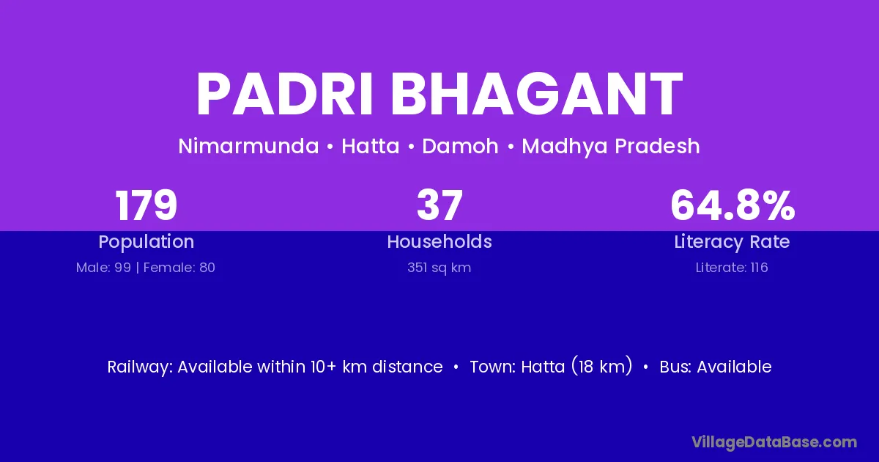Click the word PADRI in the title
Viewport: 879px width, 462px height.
pyautogui.click(x=284, y=95)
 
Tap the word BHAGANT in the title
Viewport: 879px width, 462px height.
pyautogui.click(x=536, y=95)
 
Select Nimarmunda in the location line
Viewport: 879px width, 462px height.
pyautogui.click(x=248, y=146)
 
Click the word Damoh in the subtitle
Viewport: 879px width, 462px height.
pyautogui.click(x=460, y=146)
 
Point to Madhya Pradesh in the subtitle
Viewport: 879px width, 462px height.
pyautogui.click(x=611, y=147)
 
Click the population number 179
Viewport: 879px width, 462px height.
pyautogui.click(x=146, y=205)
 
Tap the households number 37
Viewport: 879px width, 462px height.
pyautogui.click(x=440, y=205)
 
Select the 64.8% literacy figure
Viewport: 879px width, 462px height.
pyautogui.click(x=732, y=205)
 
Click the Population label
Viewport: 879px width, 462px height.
pyautogui.click(x=146, y=242)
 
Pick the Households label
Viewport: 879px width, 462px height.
pyautogui.click(x=439, y=241)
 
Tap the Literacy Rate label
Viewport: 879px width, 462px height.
pyautogui.click(x=732, y=242)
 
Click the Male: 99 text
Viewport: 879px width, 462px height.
pyautogui.click(x=103, y=268)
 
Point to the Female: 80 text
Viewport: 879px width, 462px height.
pyautogui.click(x=179, y=268)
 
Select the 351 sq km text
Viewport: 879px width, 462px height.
pyautogui.click(x=439, y=268)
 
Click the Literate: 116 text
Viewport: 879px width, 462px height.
pyautogui.click(x=732, y=268)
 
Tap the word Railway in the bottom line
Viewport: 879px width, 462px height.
pyautogui.click(x=140, y=367)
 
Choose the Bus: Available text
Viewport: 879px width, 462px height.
pyautogui.click(x=716, y=367)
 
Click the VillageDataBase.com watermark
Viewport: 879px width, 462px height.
pyautogui.click(x=774, y=443)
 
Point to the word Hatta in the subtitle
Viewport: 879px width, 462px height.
pyautogui.click(x=371, y=146)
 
